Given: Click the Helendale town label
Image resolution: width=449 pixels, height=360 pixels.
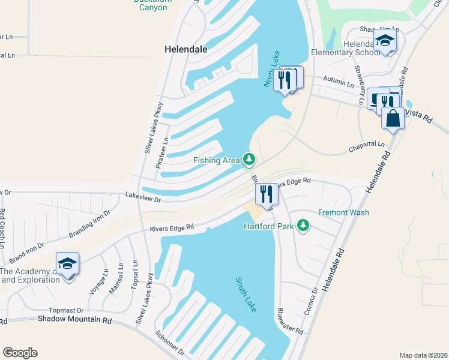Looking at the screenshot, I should point(186,50).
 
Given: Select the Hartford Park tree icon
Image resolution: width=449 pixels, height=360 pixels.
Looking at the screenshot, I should point(304,226).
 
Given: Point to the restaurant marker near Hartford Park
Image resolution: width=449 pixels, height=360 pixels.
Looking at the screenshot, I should point(267,194).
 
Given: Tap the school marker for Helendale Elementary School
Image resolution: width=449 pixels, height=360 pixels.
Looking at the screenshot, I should point(384,41).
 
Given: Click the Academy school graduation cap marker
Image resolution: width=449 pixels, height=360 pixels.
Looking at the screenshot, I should point(67,264).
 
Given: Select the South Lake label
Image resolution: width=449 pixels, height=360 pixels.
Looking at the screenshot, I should point(247,294).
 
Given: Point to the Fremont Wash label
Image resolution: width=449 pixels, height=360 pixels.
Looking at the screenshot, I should point(343,212).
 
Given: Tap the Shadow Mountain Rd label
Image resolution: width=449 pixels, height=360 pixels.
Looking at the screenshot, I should point(75,320).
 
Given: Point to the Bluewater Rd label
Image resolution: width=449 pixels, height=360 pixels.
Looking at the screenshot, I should point(290,321).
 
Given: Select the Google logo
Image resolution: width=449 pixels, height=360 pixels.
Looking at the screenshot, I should point(20,353).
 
